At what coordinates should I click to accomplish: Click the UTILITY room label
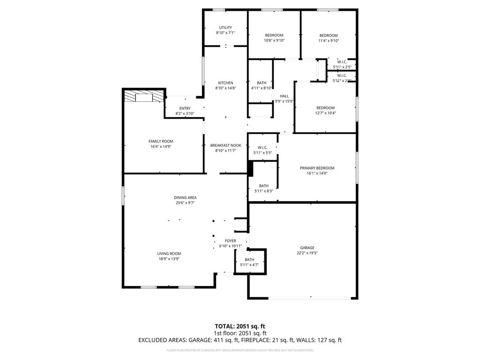225,28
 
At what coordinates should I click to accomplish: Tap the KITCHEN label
225,83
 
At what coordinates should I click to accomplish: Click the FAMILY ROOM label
161,141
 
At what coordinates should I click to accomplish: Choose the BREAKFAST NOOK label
225,145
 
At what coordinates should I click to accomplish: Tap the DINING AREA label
185,197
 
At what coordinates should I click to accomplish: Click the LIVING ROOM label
169,254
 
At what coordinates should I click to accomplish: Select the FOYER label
230,241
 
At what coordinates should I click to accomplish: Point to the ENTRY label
185,108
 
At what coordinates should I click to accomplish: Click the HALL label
284,96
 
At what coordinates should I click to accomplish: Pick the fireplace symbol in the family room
144,97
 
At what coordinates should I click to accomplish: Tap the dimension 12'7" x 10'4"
326,113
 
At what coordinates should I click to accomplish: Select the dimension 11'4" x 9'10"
328,41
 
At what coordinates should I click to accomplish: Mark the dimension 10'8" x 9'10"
274,41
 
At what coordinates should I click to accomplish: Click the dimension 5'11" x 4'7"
249,265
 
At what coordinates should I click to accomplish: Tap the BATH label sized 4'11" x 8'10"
262,83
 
